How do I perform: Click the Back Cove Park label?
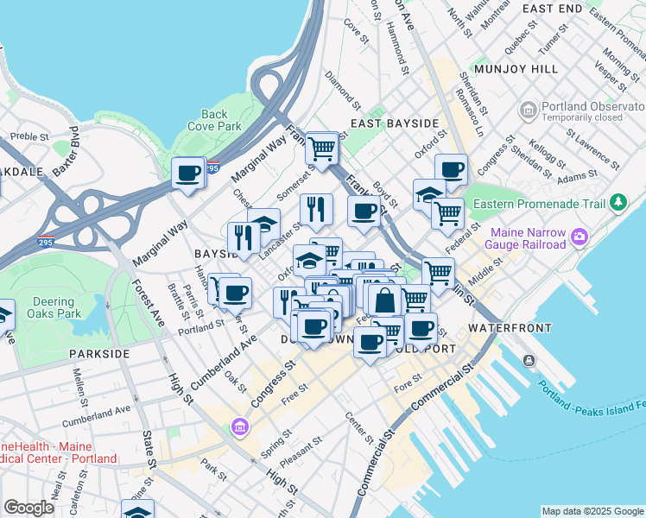[214, 120]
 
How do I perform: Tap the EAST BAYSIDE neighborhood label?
[396, 123]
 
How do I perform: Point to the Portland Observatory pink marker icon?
[528, 111]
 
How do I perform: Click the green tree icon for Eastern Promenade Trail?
[617, 202]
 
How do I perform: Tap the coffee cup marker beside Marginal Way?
[187, 174]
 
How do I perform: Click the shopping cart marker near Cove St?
[321, 148]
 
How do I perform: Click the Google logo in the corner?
[28, 508]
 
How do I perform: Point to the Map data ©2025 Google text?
[592, 511]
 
